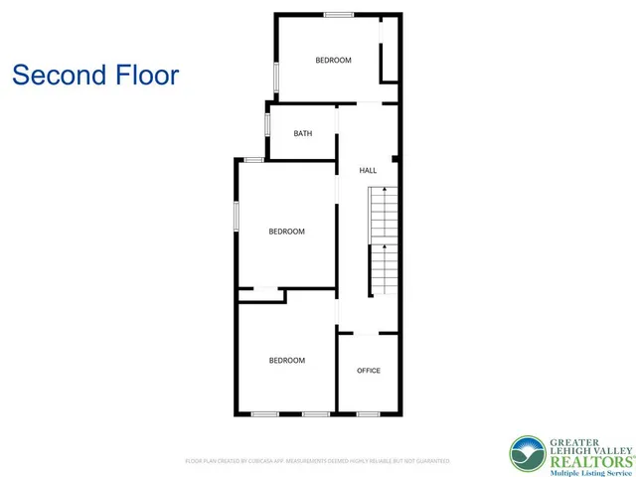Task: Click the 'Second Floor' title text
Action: (95, 75)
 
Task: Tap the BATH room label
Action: (304, 133)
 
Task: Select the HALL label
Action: (368, 171)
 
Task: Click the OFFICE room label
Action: (368, 371)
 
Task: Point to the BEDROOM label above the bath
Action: (333, 61)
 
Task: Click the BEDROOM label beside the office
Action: (286, 361)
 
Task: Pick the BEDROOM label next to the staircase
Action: (286, 232)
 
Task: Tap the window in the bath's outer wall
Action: (267, 126)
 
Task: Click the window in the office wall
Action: (368, 413)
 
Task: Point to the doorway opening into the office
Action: (368, 333)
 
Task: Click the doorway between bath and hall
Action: (338, 134)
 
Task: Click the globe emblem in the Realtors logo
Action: (527, 454)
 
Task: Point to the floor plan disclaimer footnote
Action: (318, 461)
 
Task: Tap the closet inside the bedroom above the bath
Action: (390, 50)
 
